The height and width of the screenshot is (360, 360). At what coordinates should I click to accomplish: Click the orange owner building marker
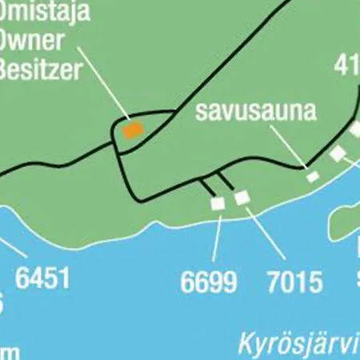tap(132, 128)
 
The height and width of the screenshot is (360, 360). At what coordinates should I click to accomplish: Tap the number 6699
tap(209, 282)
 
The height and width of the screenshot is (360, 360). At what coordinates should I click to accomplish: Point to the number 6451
tap(42, 278)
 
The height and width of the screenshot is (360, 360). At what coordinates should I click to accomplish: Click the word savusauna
tap(256, 111)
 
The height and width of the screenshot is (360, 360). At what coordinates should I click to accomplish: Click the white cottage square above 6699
tap(218, 204)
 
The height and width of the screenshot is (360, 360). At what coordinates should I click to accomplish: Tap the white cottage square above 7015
tap(241, 197)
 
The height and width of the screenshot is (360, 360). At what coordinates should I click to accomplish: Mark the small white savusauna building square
tap(313, 176)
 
